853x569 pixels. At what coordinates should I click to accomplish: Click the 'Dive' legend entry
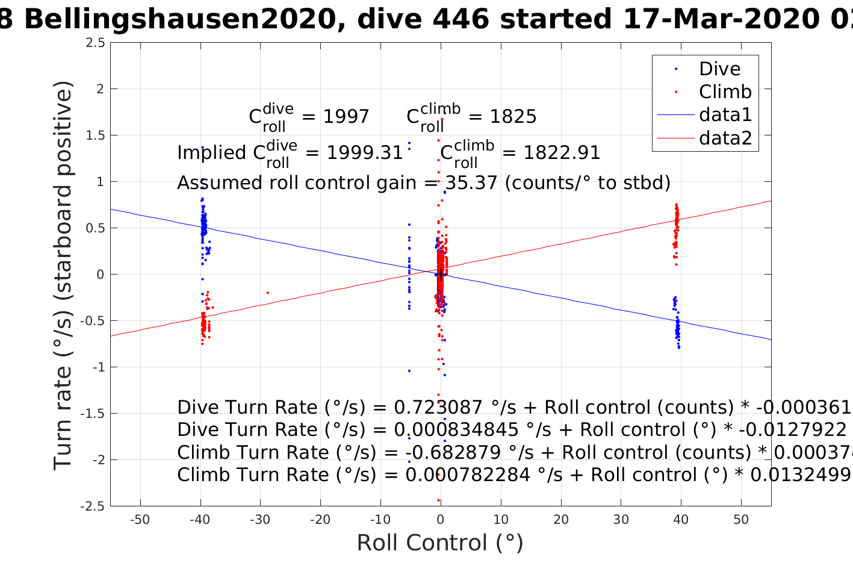(719, 69)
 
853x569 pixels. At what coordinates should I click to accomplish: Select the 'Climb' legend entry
(725, 92)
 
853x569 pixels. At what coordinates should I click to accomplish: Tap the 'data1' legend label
(725, 115)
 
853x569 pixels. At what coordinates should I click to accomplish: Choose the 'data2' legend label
(725, 138)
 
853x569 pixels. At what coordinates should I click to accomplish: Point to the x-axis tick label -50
(140, 520)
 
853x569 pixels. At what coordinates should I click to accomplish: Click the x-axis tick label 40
(681, 520)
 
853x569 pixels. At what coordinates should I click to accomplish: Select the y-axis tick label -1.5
(93, 414)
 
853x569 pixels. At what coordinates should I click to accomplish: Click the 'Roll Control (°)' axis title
(440, 543)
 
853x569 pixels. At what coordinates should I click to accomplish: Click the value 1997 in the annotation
(346, 116)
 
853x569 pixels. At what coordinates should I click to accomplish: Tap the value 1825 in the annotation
(513, 116)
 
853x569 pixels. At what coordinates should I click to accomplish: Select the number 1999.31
(365, 153)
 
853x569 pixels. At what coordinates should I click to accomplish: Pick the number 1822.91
(562, 153)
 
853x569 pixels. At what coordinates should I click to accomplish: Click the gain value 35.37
(471, 182)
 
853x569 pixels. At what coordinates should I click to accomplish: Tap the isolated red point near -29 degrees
(267, 293)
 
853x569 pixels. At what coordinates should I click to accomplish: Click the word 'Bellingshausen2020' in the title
(179, 19)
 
